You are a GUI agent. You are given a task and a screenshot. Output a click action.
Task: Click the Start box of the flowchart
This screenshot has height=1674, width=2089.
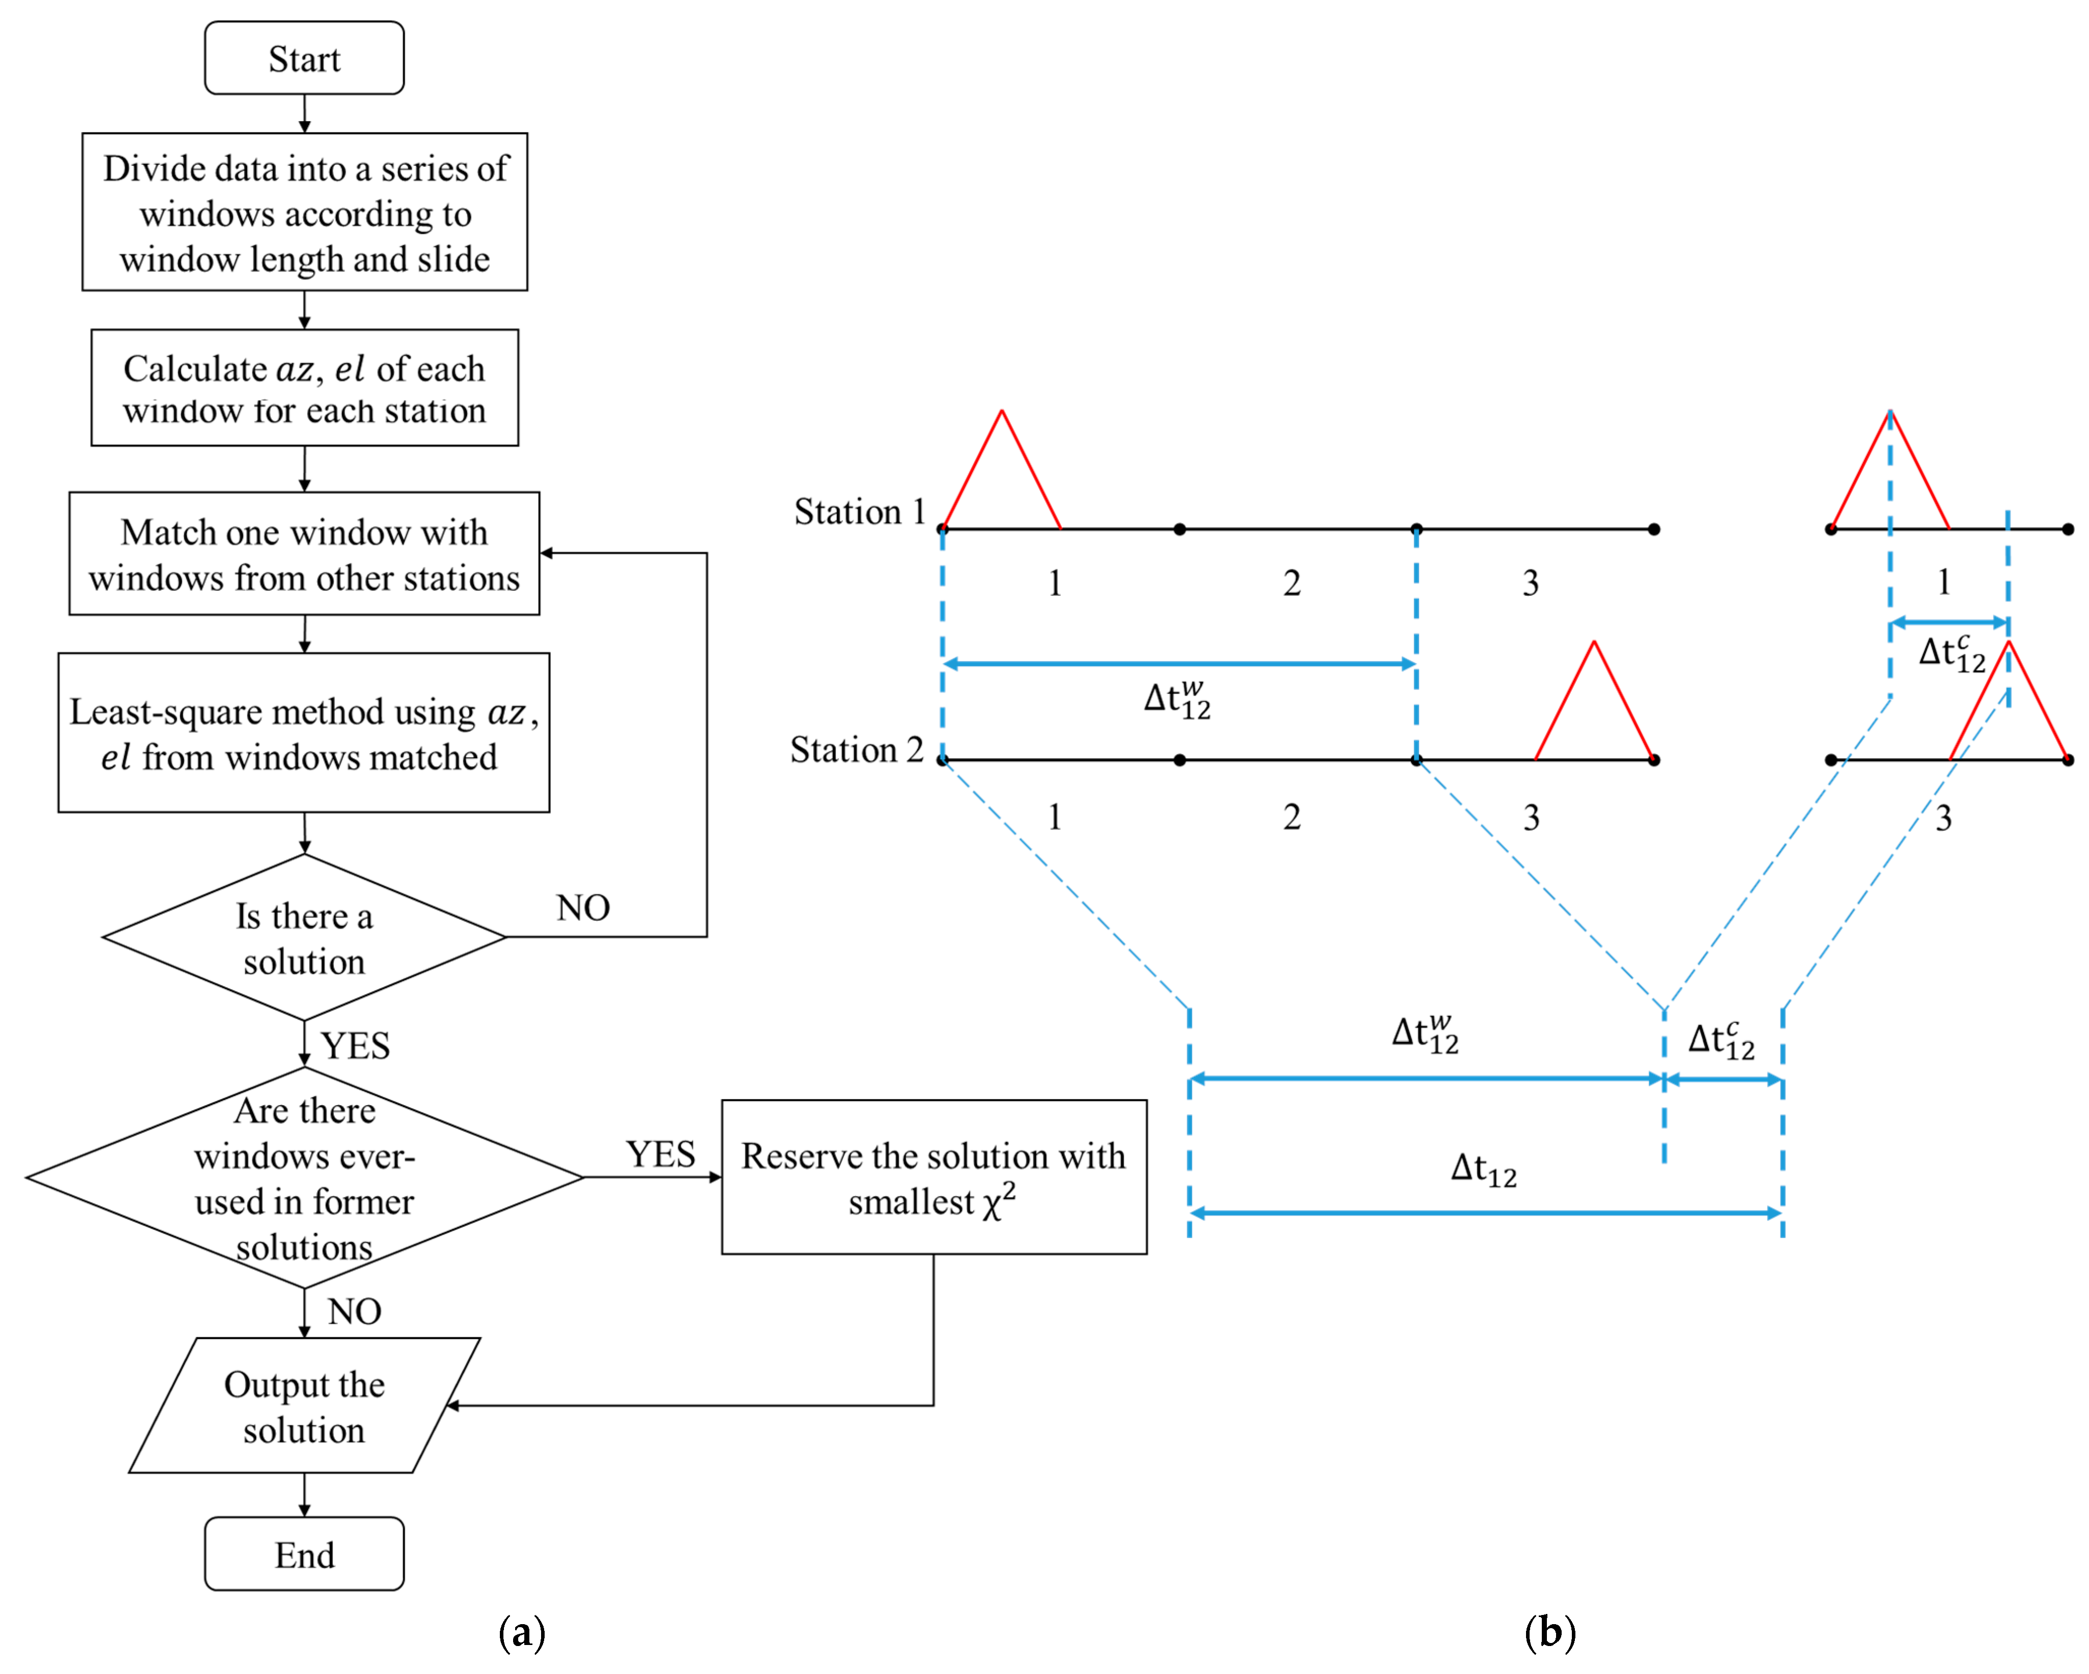(x=304, y=58)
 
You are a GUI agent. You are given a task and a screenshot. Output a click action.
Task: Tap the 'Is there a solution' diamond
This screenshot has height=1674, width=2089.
(x=304, y=938)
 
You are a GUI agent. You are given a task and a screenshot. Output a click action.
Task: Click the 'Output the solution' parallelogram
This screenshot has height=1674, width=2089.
(x=304, y=1407)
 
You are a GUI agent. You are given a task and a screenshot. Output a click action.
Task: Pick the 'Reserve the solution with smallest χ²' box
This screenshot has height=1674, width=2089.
(x=934, y=1177)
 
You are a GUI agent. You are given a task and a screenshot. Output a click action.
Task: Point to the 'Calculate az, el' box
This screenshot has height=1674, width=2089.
(x=304, y=388)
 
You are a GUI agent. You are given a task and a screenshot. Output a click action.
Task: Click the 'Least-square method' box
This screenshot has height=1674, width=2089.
(x=304, y=733)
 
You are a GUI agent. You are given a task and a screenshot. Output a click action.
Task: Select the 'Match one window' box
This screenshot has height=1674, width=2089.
(x=304, y=554)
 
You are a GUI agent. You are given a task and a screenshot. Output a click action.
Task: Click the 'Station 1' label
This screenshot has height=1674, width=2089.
(x=859, y=511)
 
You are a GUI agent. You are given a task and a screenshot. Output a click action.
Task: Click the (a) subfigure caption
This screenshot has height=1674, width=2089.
(x=521, y=1632)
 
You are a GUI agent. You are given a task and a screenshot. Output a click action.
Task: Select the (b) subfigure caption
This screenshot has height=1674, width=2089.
(x=1549, y=1632)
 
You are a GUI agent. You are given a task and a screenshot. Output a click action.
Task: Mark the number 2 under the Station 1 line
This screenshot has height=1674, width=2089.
(x=1291, y=583)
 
